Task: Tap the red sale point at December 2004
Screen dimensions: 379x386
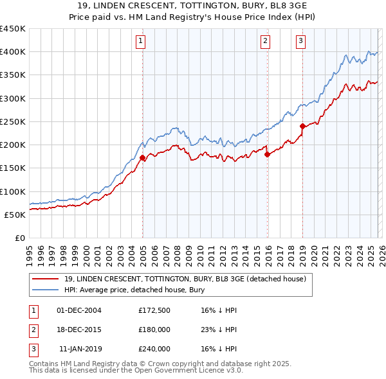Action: (x=142, y=157)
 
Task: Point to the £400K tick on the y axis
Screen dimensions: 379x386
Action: (x=13, y=52)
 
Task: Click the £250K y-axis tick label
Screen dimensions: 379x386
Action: (x=13, y=121)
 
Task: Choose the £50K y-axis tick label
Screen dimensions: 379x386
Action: (x=15, y=215)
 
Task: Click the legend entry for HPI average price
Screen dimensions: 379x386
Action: (x=134, y=290)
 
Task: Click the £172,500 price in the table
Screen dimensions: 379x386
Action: (x=154, y=310)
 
